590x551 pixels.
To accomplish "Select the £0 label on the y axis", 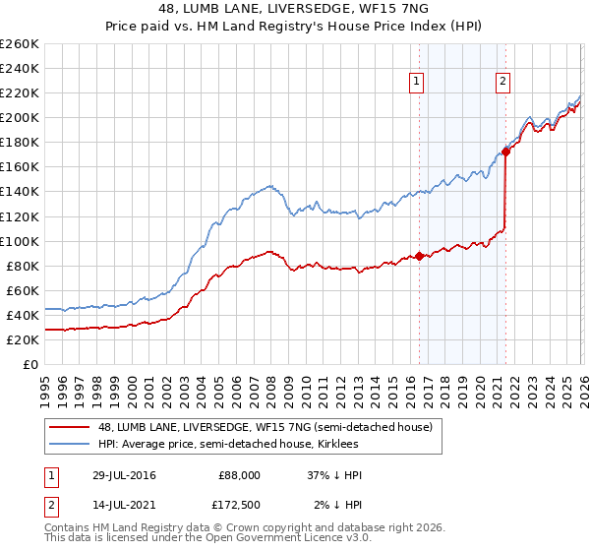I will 29,364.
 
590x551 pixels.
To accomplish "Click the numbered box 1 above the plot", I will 417,83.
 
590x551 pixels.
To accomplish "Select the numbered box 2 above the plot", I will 502,83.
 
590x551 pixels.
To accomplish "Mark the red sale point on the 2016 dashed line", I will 420,256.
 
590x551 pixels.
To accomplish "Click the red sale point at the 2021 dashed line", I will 506,152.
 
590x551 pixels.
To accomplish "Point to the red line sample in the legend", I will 69,427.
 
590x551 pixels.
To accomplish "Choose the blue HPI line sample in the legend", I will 69,444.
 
